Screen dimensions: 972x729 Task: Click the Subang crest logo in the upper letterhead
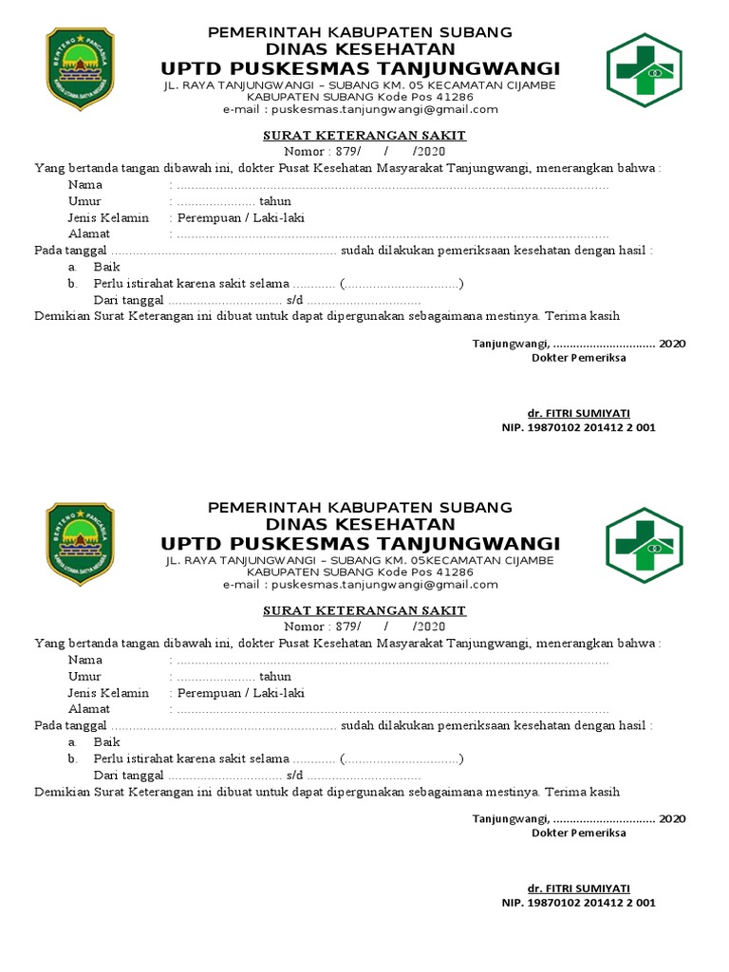pyautogui.click(x=80, y=68)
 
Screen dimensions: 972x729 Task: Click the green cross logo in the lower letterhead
pyautogui.click(x=645, y=545)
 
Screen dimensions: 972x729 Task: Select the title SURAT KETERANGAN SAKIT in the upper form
pyautogui.click(x=364, y=136)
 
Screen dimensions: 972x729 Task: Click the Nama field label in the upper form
pyautogui.click(x=85, y=185)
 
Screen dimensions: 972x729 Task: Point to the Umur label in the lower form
pyautogui.click(x=84, y=677)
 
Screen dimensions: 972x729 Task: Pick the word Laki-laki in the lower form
pyautogui.click(x=281, y=693)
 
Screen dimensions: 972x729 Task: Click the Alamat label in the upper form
pyautogui.click(x=89, y=234)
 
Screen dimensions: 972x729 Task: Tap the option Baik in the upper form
pyautogui.click(x=106, y=267)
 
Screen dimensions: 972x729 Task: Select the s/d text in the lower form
pyautogui.click(x=292, y=776)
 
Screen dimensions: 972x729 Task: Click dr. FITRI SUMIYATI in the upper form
pyautogui.click(x=578, y=413)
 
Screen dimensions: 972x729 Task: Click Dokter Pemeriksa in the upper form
pyautogui.click(x=578, y=358)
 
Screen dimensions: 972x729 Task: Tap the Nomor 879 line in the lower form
pyautogui.click(x=364, y=626)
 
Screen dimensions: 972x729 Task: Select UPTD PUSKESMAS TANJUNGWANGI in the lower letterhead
pyautogui.click(x=361, y=544)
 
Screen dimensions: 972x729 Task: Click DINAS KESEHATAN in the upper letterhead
pyautogui.click(x=361, y=49)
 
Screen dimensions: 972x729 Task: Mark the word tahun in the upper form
pyautogui.click(x=275, y=201)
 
